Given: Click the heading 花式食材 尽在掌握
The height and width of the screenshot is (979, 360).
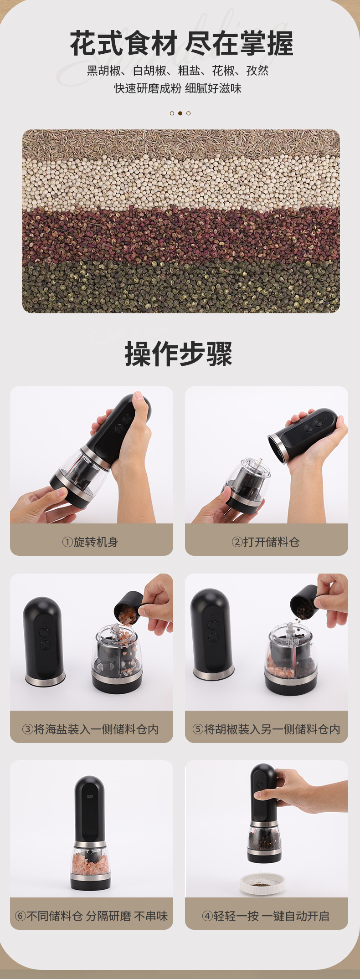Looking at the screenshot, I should click(x=181, y=44).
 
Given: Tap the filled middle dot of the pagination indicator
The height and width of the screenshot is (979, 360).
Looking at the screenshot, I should click(x=180, y=113).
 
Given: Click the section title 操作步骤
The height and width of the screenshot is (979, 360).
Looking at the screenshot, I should click(x=179, y=354).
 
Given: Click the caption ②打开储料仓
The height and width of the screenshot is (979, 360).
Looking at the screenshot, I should click(x=266, y=542).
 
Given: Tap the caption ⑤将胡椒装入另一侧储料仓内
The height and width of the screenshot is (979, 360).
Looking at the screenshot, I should click(x=266, y=729).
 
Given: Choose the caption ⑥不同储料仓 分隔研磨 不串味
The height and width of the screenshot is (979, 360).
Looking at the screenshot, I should click(x=91, y=916).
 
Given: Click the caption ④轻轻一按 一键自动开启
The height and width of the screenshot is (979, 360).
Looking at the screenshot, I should click(x=266, y=916).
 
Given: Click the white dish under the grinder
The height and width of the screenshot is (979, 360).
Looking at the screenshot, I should click(x=262, y=883).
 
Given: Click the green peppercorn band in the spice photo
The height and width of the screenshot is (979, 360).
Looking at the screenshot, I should click(x=181, y=287).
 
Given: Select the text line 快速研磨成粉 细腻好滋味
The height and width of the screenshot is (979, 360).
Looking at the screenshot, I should click(x=178, y=88).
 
